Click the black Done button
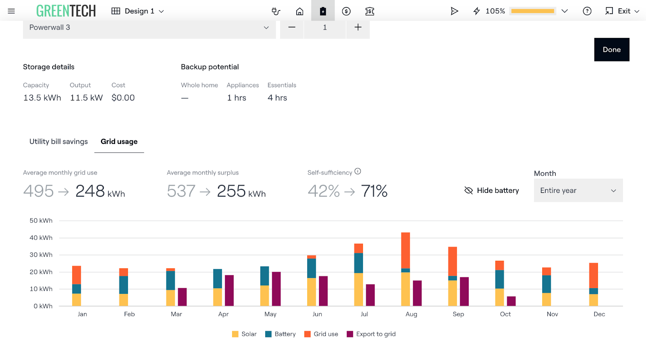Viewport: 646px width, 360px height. pos(612,50)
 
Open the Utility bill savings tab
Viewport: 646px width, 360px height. pos(59,142)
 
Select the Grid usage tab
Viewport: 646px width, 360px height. pos(119,142)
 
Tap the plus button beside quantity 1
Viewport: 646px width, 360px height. pos(358,27)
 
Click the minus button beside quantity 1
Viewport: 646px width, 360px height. pos(292,27)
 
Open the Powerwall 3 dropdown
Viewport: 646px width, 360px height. pos(149,28)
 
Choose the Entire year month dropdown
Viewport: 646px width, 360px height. pos(578,190)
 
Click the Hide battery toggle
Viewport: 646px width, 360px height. pos(492,190)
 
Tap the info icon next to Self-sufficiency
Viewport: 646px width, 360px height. pos(358,172)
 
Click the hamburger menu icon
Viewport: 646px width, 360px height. pos(11,11)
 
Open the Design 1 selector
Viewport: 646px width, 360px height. pos(138,11)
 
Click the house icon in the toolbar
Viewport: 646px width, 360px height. pos(300,11)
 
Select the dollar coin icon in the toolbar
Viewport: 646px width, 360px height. pos(346,11)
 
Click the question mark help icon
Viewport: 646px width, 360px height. pos(587,11)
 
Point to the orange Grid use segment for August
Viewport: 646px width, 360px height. pos(405,251)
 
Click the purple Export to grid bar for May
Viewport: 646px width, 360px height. pos(276,289)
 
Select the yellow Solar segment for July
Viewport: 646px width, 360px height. pos(359,289)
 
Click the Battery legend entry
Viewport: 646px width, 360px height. pos(280,334)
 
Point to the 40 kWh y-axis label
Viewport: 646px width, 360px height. pos(41,238)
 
